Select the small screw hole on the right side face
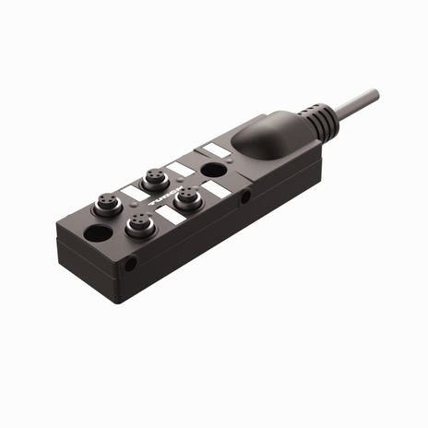tap(244, 196)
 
